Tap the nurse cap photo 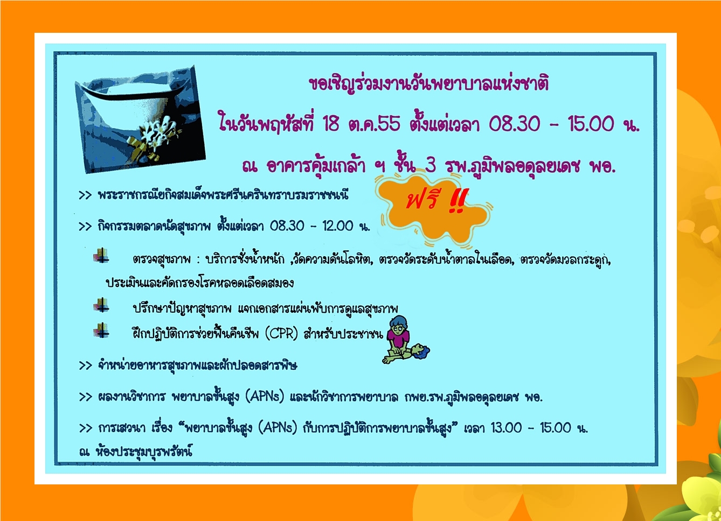point(140,119)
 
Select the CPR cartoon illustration point(406,340)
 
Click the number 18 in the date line point(331,124)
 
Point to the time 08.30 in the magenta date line point(515,124)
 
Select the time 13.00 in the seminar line point(507,428)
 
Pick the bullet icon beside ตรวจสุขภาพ point(101,256)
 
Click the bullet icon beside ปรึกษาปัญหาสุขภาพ point(101,305)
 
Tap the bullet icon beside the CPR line point(101,330)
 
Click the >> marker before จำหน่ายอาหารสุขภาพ point(85,366)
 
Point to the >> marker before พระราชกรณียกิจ point(85,195)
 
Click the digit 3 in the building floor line point(431,166)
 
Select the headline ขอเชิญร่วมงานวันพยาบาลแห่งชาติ point(428,84)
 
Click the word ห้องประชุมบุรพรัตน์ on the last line point(144,452)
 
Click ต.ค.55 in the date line point(375,124)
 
